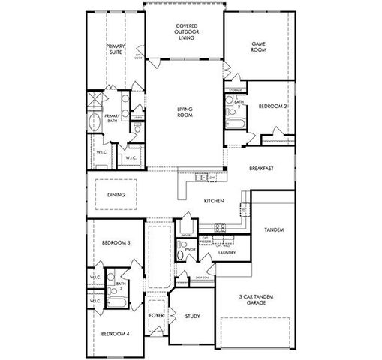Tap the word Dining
116,195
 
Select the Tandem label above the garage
274,229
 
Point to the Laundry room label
227,253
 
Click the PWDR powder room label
190,249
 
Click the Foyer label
156,316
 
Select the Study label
192,316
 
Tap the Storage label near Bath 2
236,89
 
